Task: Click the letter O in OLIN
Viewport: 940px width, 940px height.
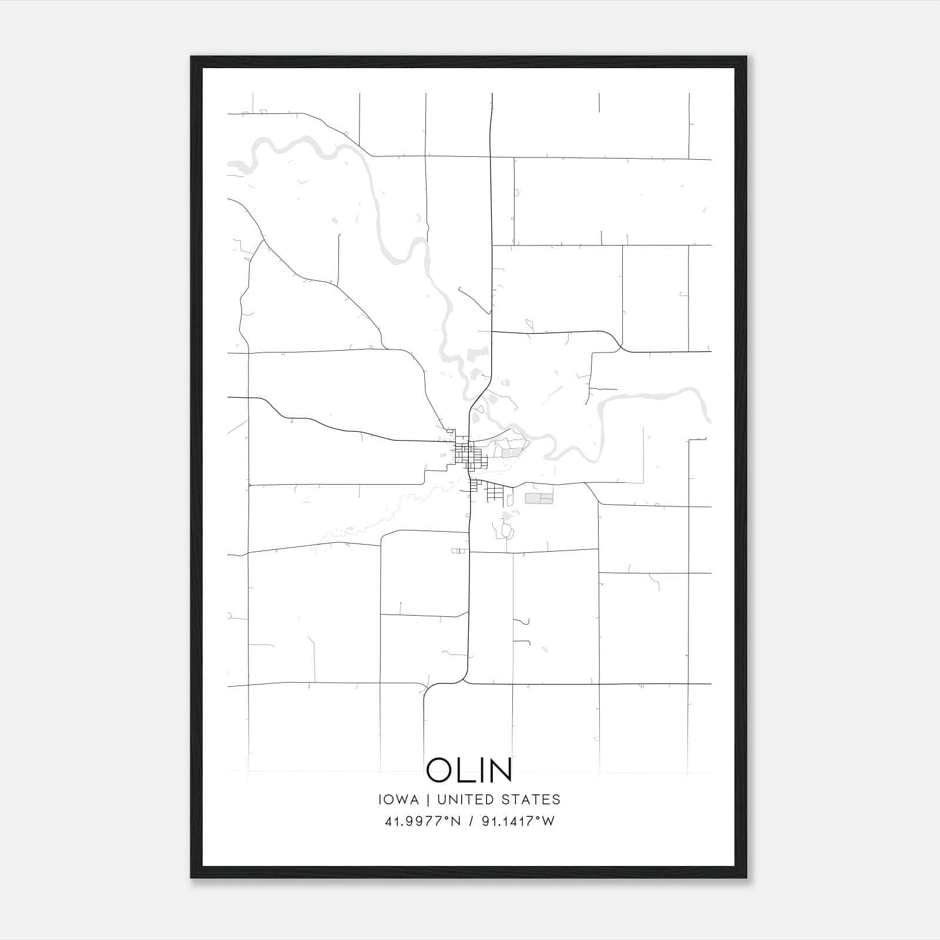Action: click(x=440, y=770)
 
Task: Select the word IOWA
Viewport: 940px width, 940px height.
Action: click(x=399, y=800)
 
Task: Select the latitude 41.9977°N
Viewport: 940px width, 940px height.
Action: click(x=422, y=821)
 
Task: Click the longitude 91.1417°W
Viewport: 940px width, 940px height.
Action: click(x=518, y=821)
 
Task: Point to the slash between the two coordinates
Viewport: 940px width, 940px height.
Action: click(x=471, y=821)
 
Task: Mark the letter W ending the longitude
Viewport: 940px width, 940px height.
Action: click(x=548, y=821)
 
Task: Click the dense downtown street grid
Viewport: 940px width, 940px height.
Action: click(x=467, y=455)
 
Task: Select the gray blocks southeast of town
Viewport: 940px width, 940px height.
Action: click(x=539, y=499)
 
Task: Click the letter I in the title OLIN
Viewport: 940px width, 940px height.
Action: click(x=479, y=770)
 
